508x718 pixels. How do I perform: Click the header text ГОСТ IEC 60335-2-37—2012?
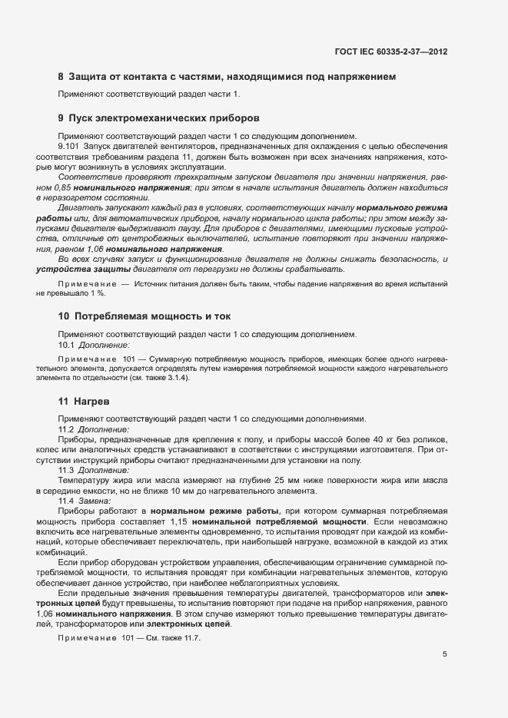click(x=390, y=51)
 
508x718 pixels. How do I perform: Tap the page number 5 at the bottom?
click(x=445, y=654)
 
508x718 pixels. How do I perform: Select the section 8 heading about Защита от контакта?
click(x=227, y=78)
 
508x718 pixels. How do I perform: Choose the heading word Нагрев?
click(x=89, y=401)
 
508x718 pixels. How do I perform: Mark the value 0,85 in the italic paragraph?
click(x=78, y=187)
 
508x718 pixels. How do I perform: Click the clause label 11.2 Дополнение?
click(x=95, y=428)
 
